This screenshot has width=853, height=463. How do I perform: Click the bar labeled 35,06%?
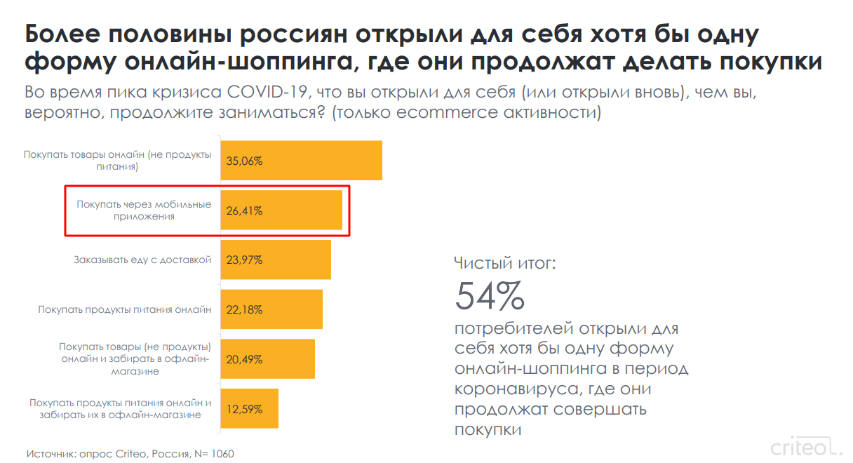[302, 161]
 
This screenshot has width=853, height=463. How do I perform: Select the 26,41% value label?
[244, 210]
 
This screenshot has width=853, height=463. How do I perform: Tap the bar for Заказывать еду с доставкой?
[276, 260]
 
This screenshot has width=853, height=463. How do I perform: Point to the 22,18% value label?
[244, 309]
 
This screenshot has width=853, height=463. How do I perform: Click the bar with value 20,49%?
[268, 359]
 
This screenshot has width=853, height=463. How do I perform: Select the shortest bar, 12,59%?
[250, 408]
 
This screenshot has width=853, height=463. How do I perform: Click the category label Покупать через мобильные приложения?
[144, 210]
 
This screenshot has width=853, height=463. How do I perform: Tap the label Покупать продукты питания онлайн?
[125, 309]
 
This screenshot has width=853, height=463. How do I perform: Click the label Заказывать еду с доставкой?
[142, 260]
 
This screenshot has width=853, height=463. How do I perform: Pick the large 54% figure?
[490, 297]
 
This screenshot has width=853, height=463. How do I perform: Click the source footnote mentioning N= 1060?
[130, 454]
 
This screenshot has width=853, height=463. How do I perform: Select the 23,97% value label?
[244, 260]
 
